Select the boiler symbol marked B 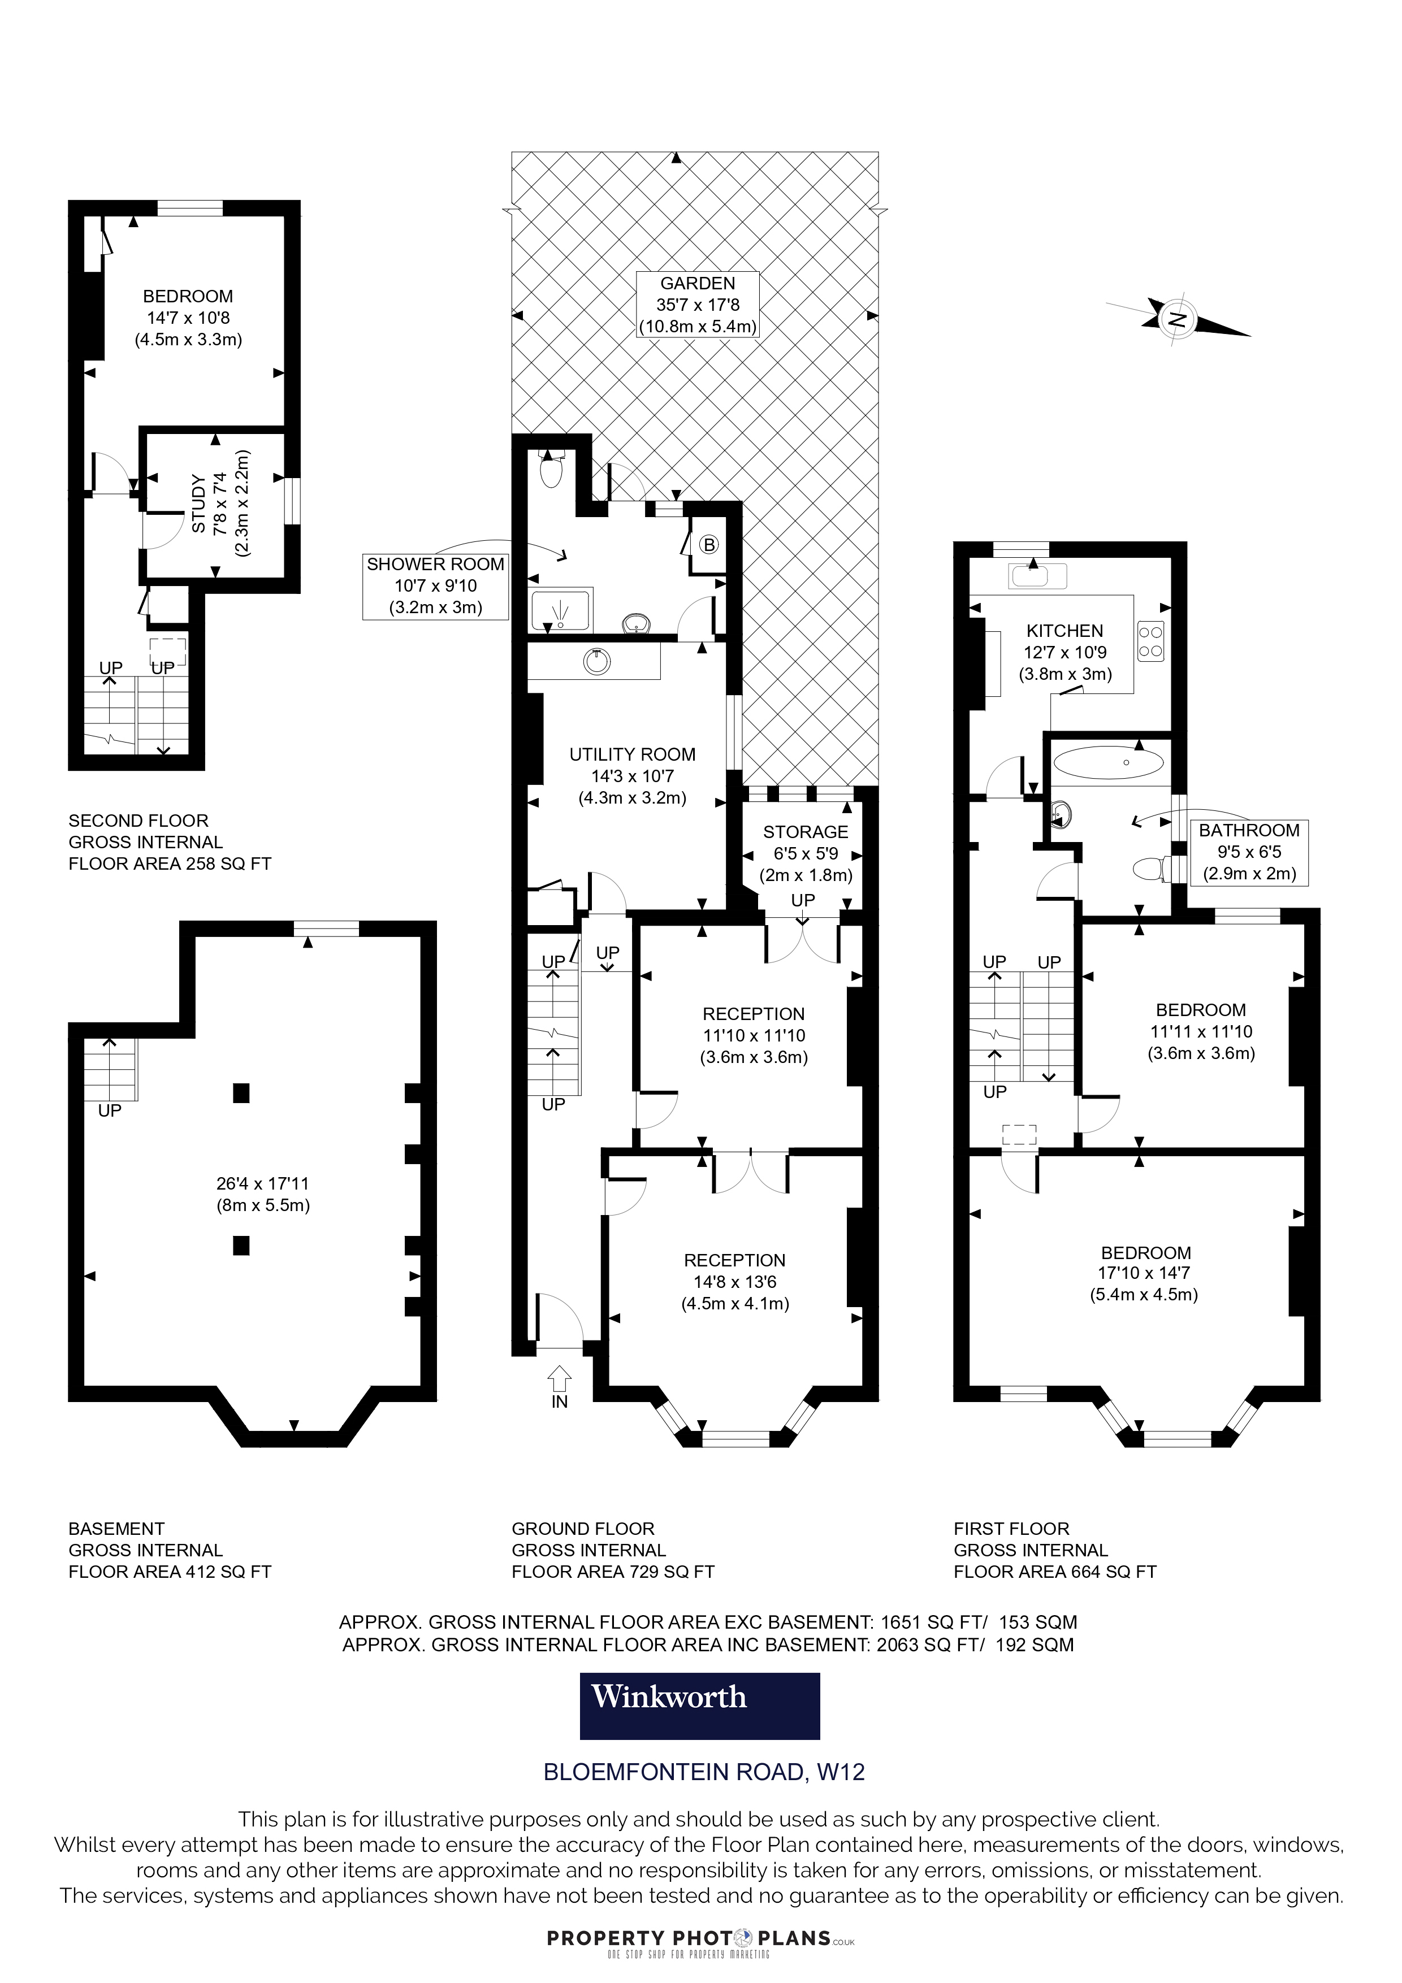pyautogui.click(x=708, y=545)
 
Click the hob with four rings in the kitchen pyautogui.click(x=1150, y=641)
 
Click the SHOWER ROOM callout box pyautogui.click(x=435, y=585)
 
